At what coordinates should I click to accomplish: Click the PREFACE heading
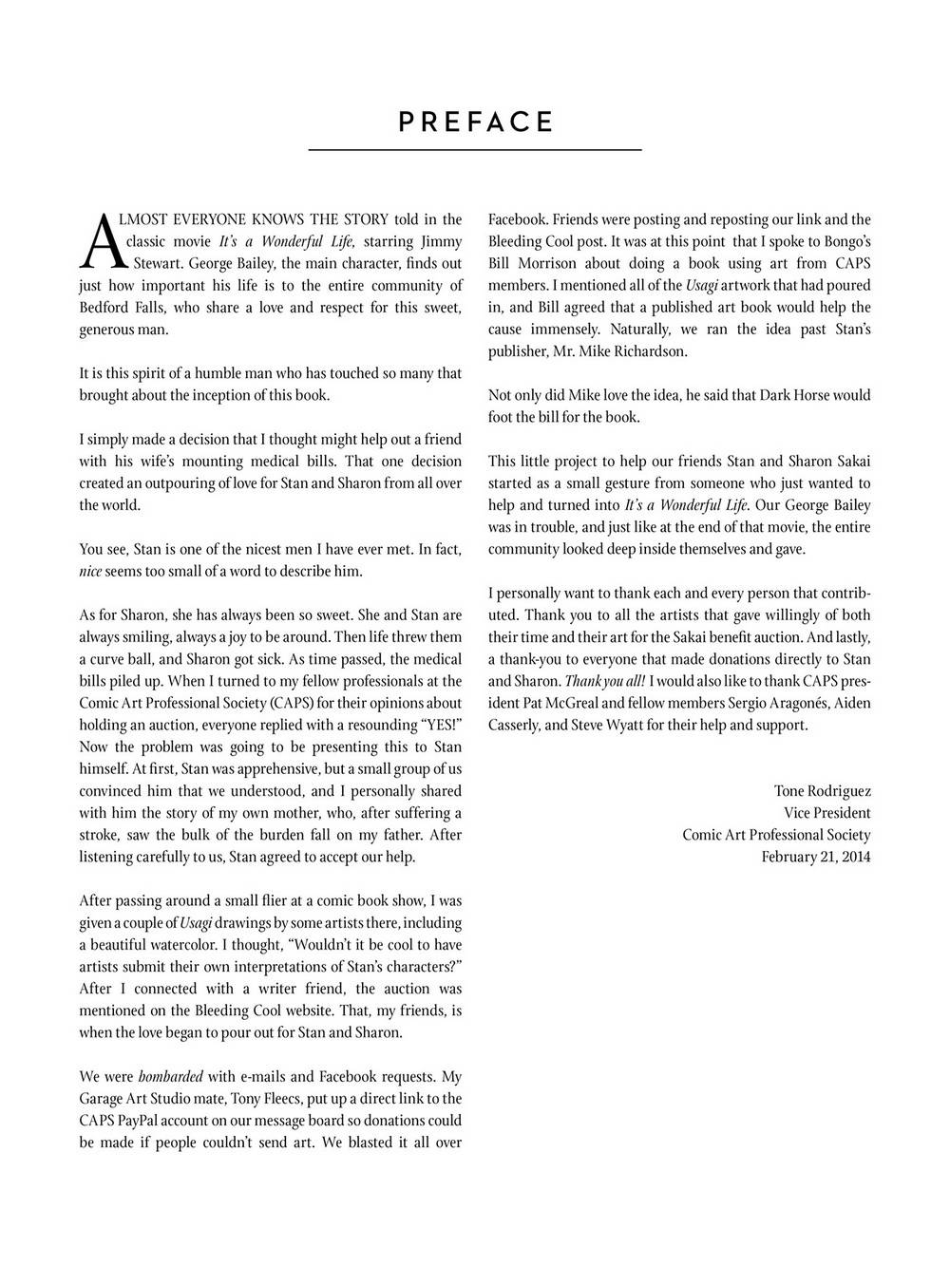click(x=475, y=123)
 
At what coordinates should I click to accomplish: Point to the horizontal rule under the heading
click(x=475, y=150)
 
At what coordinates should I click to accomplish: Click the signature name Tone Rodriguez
click(x=823, y=790)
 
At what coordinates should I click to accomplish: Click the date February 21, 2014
click(x=816, y=857)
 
